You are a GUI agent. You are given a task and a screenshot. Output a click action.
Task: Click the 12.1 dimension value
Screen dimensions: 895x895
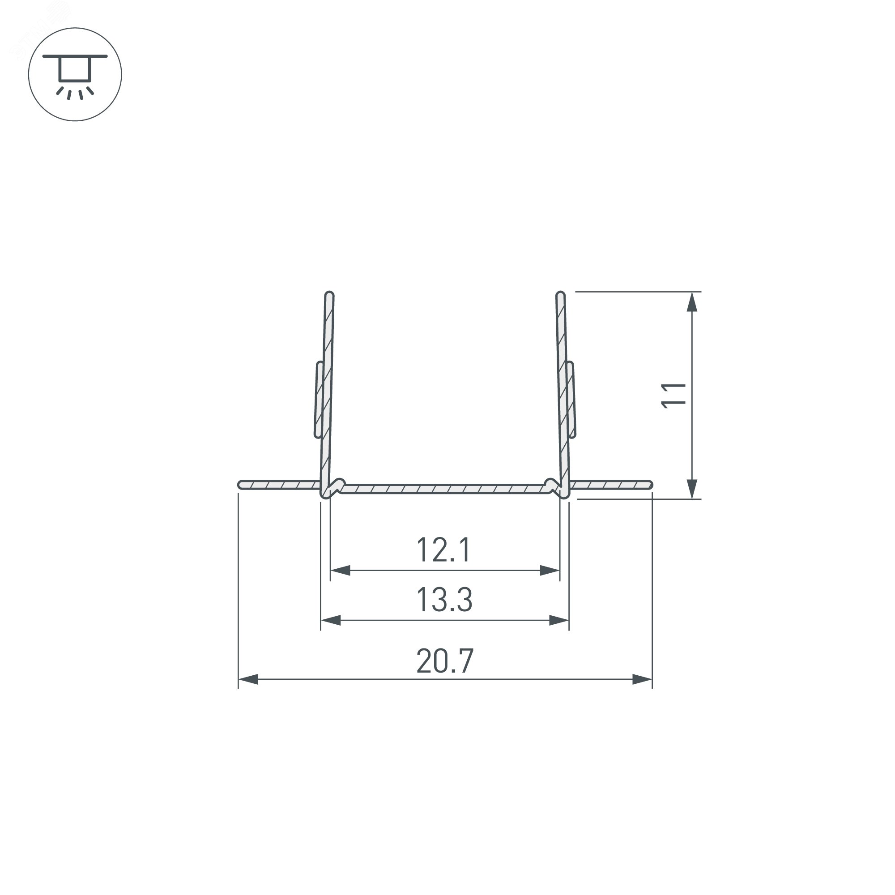(444, 550)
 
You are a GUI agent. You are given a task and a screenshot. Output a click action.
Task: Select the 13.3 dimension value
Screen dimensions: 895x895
(444, 600)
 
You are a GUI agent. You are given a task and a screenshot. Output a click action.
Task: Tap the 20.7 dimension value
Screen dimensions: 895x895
(445, 661)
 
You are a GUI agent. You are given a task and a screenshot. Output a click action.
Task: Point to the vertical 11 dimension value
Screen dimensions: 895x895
(673, 395)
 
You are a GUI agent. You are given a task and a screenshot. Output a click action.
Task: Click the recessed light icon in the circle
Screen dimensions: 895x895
(75, 74)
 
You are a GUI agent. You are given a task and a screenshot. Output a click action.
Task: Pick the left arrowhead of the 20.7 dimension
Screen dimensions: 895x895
(248, 680)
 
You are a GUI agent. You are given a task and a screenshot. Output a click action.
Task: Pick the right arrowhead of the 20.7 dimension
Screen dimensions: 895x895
(642, 680)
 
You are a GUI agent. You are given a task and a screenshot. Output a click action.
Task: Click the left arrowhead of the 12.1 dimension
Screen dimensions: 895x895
(340, 570)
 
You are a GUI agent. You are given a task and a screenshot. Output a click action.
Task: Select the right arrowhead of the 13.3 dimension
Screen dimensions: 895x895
(558, 620)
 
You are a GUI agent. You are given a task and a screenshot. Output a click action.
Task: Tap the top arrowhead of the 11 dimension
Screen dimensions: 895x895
(692, 302)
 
